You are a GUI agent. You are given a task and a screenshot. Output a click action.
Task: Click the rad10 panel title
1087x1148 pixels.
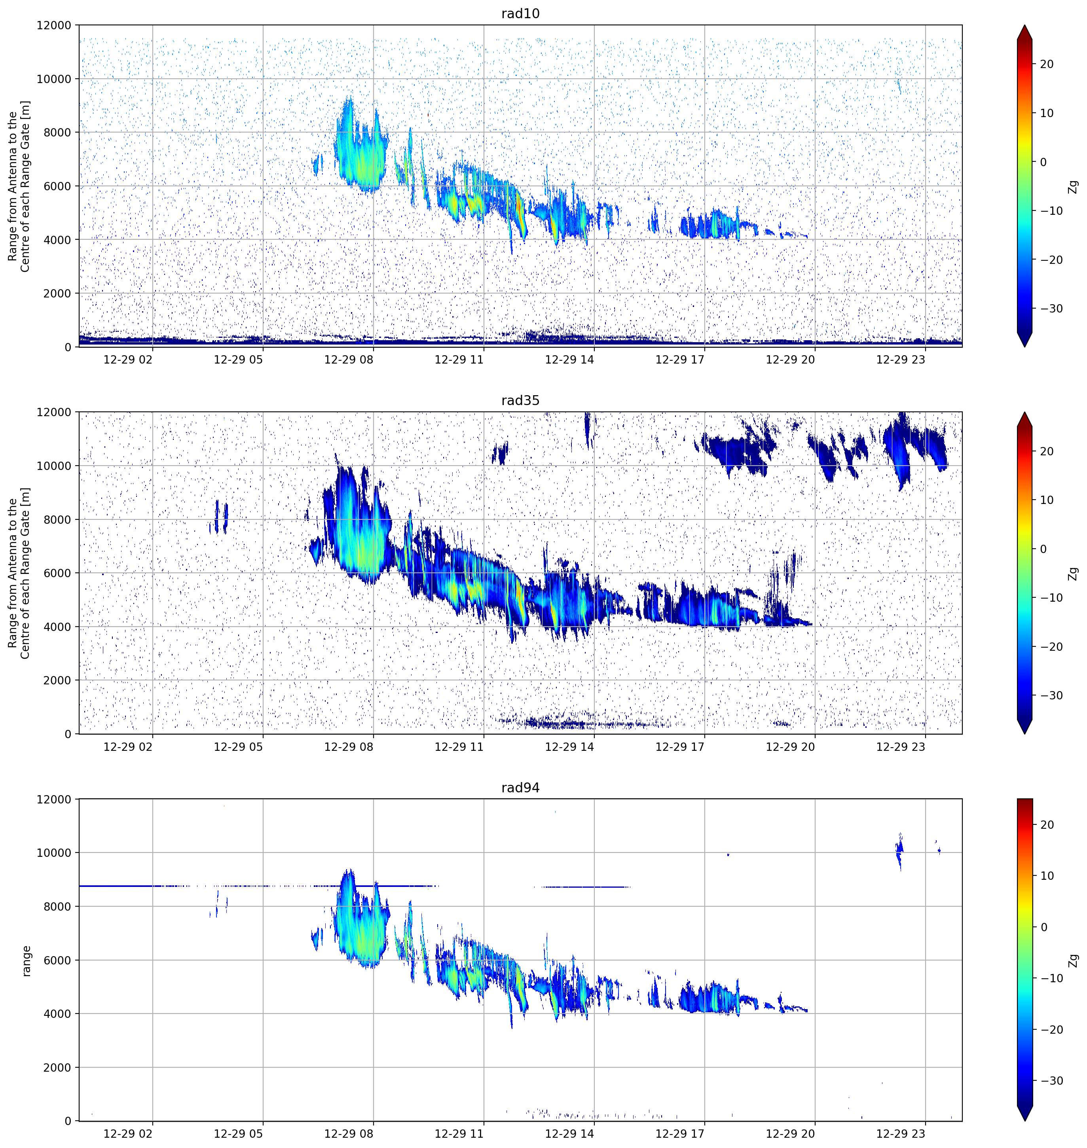tap(520, 13)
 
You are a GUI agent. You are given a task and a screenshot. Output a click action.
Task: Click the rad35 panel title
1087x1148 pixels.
tap(520, 400)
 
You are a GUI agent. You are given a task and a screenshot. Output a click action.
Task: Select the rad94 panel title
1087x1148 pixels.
tap(520, 787)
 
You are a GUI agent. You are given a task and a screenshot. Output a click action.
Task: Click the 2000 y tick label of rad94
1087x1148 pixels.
tap(57, 1067)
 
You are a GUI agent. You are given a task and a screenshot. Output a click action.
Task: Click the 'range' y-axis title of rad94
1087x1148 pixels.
tap(26, 960)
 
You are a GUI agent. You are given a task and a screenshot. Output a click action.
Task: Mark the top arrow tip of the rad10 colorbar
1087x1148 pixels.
tap(1024, 25)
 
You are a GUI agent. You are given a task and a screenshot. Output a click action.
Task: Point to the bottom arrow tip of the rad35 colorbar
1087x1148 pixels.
tap(1024, 734)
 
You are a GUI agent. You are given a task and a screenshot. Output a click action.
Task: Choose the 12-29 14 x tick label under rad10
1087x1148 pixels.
tap(569, 360)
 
